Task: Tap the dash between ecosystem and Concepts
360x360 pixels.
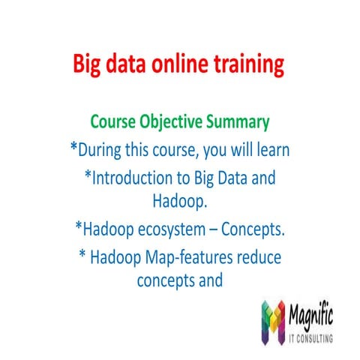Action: click(212, 228)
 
